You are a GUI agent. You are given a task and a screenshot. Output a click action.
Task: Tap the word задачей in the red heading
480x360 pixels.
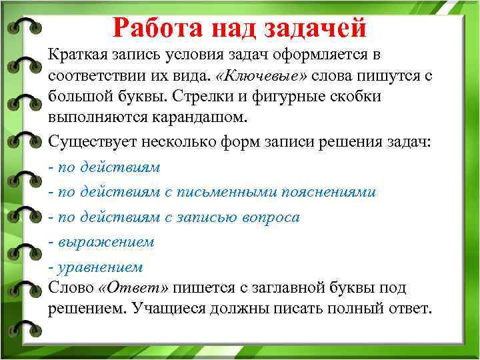coord(315,28)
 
